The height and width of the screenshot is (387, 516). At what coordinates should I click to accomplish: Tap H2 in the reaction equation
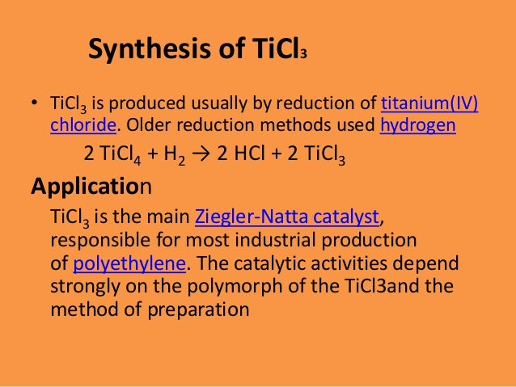click(x=175, y=155)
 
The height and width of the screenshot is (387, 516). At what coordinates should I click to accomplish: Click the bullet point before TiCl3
click(x=36, y=104)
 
